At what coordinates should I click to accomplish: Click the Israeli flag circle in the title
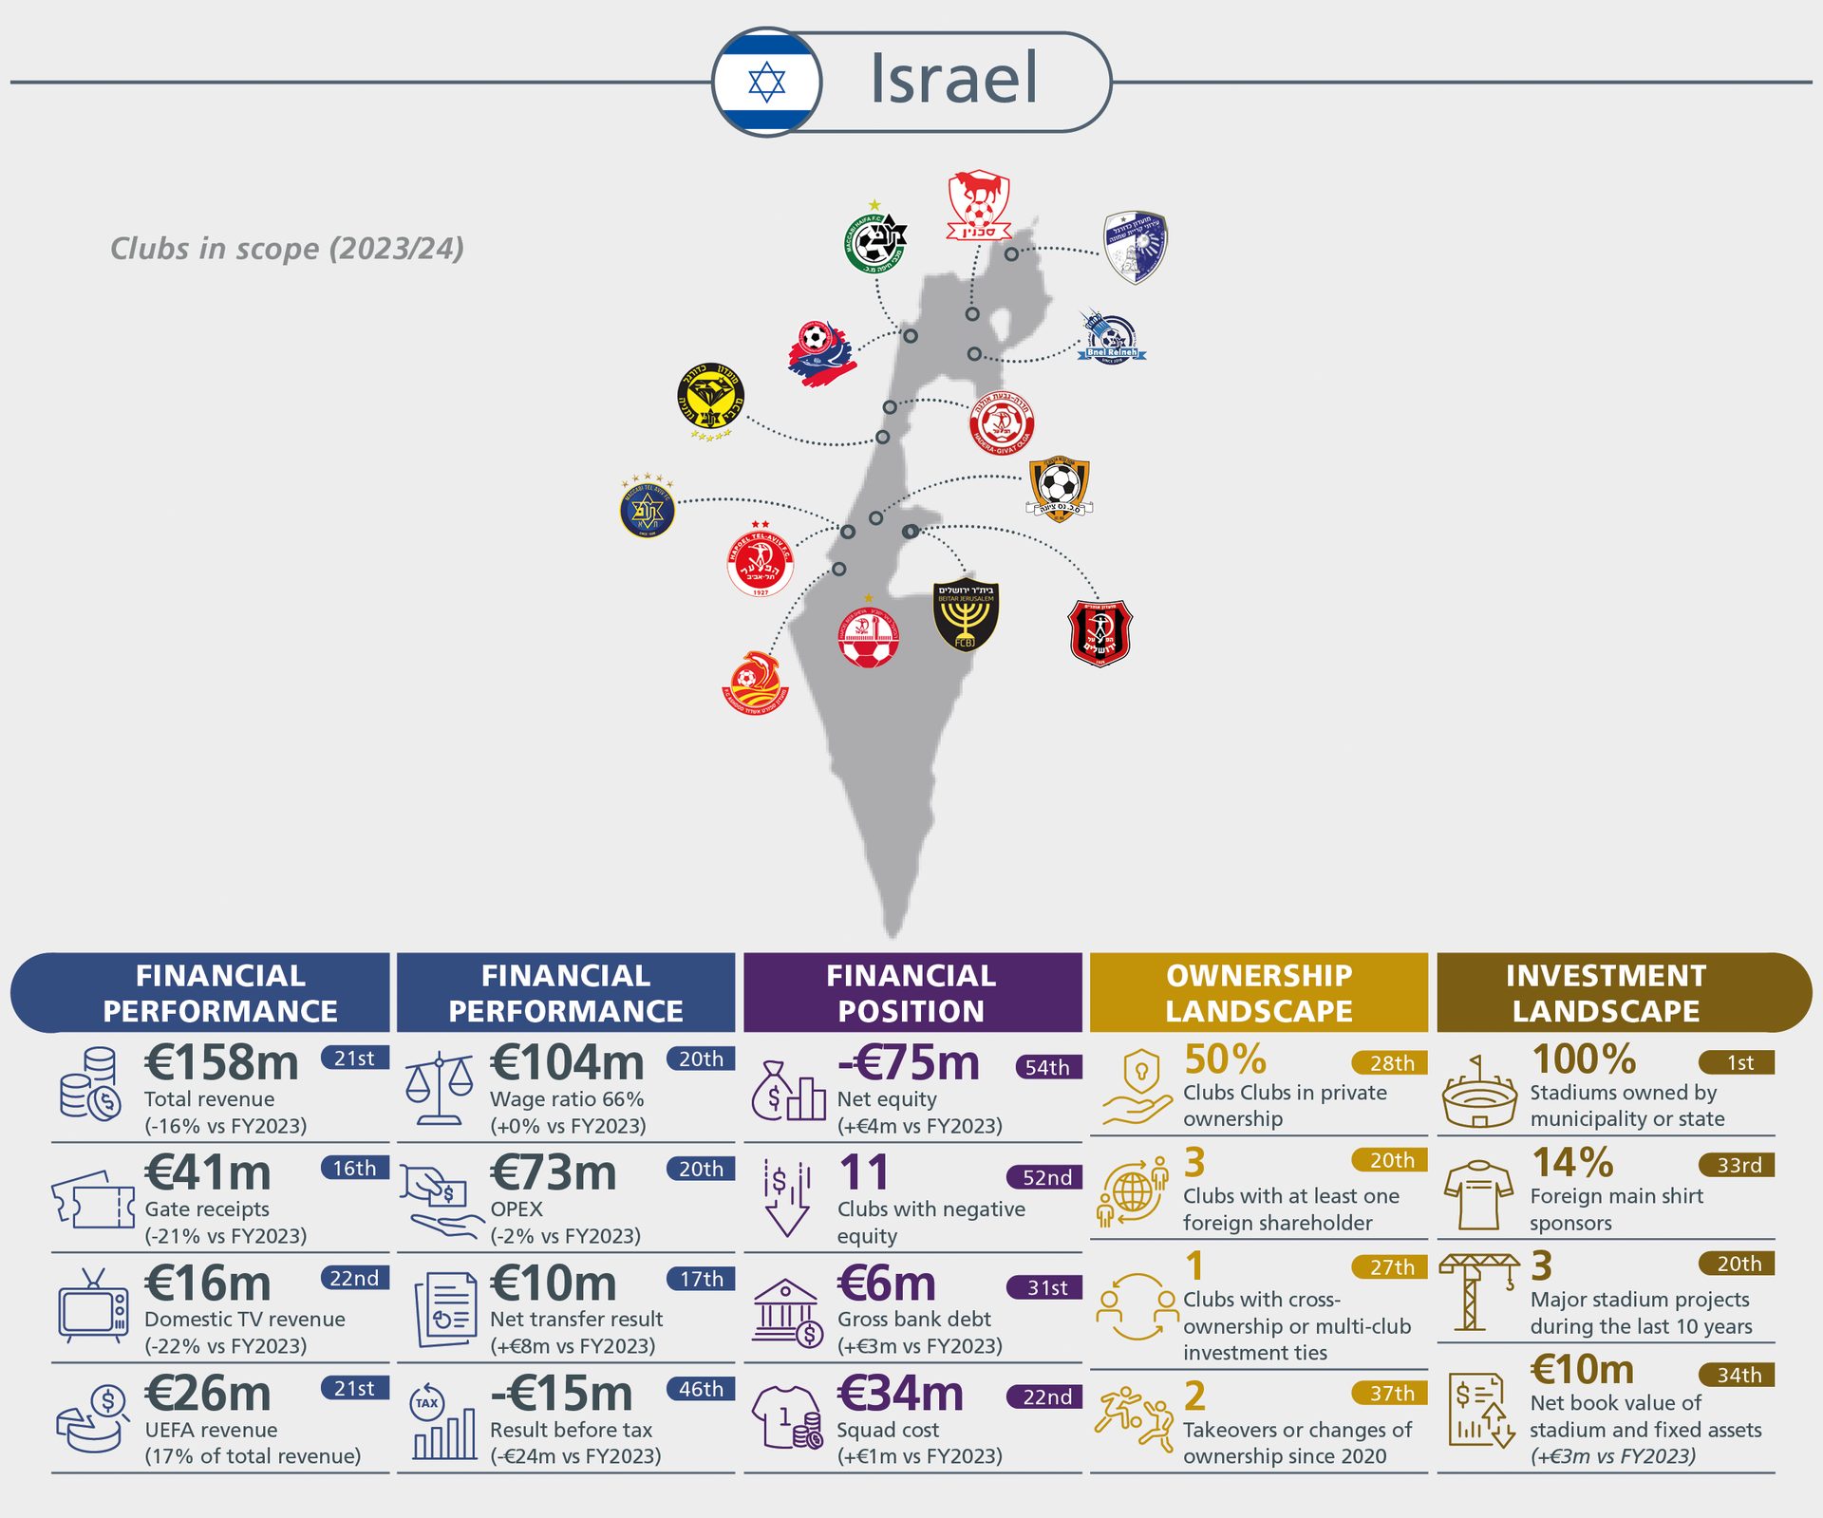click(x=766, y=83)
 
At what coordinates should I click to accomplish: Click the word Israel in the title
click(x=953, y=79)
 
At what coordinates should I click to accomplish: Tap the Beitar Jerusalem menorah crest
click(x=966, y=614)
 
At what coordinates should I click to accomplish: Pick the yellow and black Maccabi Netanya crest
click(x=710, y=398)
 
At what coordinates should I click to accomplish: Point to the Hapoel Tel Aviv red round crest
click(x=760, y=562)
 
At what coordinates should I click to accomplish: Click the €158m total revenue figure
click(x=221, y=1062)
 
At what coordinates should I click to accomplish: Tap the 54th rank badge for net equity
click(x=1047, y=1067)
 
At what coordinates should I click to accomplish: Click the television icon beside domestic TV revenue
click(x=93, y=1308)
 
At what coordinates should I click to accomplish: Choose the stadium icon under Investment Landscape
click(x=1478, y=1093)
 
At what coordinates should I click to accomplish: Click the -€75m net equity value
click(x=909, y=1062)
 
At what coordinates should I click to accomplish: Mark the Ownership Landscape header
click(x=1258, y=993)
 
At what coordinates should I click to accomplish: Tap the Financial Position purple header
click(x=911, y=993)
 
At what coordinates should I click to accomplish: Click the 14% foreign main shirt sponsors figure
click(x=1572, y=1163)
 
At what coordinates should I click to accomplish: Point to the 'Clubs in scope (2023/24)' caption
click(x=287, y=249)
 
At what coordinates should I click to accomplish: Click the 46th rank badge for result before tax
click(x=701, y=1389)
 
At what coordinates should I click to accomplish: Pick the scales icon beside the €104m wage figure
click(x=439, y=1089)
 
